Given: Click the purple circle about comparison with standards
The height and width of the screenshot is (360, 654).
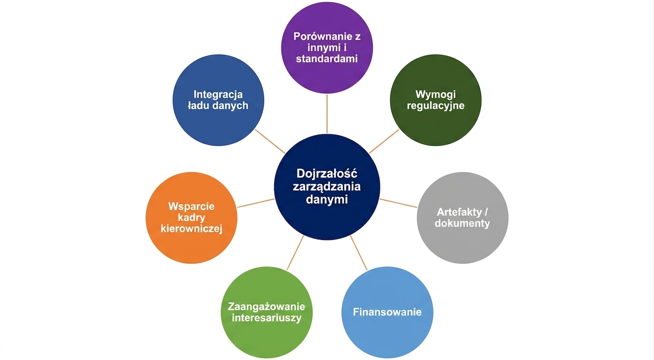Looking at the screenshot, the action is (x=327, y=48).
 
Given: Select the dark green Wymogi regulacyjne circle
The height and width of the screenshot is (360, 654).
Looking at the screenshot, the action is (x=436, y=100).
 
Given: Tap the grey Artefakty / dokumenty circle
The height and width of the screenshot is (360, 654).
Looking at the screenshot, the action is (x=462, y=217).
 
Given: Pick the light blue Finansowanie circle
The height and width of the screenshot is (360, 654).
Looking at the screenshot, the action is (x=387, y=312).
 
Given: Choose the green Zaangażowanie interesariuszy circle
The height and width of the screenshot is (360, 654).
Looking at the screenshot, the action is (x=267, y=312).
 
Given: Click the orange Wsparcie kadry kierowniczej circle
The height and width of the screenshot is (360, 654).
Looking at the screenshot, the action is (x=192, y=217).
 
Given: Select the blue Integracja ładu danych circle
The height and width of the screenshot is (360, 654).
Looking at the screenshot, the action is (x=218, y=100).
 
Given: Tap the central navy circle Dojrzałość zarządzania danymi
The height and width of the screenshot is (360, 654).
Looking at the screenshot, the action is (x=327, y=187).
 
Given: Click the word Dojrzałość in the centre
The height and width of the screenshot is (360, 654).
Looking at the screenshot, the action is (x=327, y=173).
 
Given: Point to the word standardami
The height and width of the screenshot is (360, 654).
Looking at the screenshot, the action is (x=327, y=59).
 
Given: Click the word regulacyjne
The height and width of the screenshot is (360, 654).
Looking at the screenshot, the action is (x=436, y=106).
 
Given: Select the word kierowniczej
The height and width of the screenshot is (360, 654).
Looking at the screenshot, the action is (x=192, y=229).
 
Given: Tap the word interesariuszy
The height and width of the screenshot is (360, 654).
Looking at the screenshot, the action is (x=267, y=318).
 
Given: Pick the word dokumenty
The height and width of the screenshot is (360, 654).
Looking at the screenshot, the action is (x=462, y=224).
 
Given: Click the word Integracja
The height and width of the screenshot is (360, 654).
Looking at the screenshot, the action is (x=218, y=94).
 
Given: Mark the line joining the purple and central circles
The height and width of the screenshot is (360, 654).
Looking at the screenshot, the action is (x=327, y=113).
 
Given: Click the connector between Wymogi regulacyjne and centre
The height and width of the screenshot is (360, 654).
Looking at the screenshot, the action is (x=384, y=141).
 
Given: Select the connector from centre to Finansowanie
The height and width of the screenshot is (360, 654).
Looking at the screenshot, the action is (x=358, y=253).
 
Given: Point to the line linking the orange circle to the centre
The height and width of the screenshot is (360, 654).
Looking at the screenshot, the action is (x=256, y=203).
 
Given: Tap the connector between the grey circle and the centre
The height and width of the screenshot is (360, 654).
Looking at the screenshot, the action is (x=398, y=203).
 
